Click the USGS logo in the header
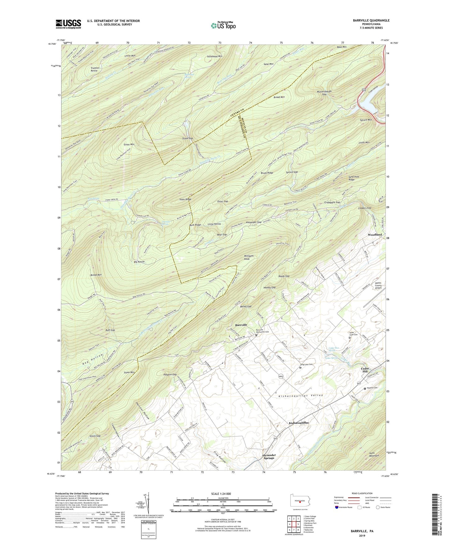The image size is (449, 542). (68, 24)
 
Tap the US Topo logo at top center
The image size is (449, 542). (223, 25)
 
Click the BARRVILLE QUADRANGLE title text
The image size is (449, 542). (371, 20)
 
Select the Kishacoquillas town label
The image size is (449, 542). (299, 423)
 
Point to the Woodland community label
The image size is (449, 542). (375, 235)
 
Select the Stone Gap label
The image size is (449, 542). (187, 138)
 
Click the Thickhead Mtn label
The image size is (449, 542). (214, 56)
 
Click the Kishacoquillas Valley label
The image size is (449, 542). (301, 396)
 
